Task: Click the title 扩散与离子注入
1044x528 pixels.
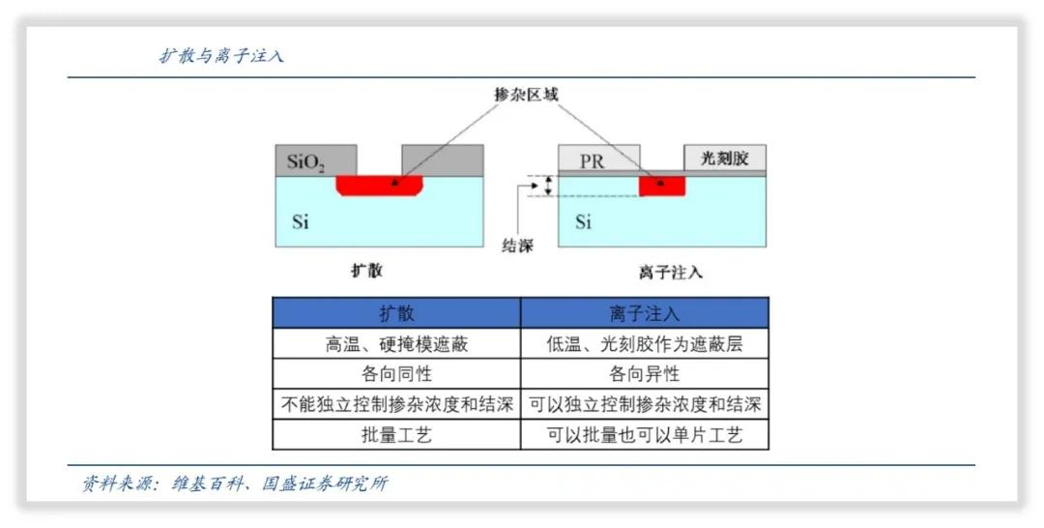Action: pyautogui.click(x=221, y=56)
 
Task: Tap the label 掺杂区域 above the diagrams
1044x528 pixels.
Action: pyautogui.click(x=526, y=94)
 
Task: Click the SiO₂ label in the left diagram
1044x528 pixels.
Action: pyautogui.click(x=306, y=161)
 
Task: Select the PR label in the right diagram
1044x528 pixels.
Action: pyautogui.click(x=592, y=161)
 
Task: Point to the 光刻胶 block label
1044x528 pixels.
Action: pyautogui.click(x=724, y=158)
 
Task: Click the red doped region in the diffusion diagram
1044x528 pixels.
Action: pyautogui.click(x=380, y=185)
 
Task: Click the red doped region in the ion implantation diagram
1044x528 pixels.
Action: pyautogui.click(x=662, y=186)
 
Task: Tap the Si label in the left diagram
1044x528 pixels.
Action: pyautogui.click(x=301, y=222)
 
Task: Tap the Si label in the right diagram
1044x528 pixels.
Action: pyautogui.click(x=583, y=222)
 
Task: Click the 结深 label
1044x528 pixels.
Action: pyautogui.click(x=517, y=246)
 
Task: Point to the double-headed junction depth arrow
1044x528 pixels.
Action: pyautogui.click(x=548, y=186)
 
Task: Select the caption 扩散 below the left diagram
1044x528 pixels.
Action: pyautogui.click(x=366, y=271)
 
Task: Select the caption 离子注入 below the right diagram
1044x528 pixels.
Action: pyautogui.click(x=670, y=272)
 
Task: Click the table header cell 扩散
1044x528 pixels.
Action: pyautogui.click(x=396, y=313)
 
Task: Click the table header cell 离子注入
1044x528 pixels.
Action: pyautogui.click(x=645, y=313)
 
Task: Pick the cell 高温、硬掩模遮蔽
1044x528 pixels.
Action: pyautogui.click(x=396, y=343)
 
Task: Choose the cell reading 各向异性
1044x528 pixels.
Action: pyautogui.click(x=645, y=374)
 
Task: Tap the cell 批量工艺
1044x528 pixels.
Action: pyautogui.click(x=396, y=435)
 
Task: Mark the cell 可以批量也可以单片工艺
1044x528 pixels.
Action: pyautogui.click(x=645, y=435)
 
